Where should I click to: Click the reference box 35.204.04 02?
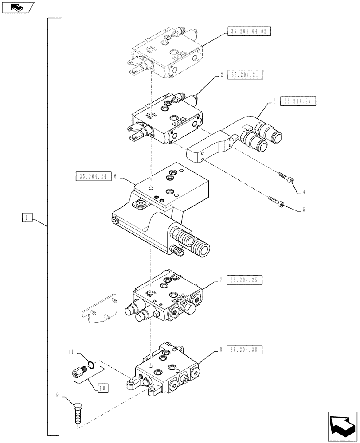[x=249, y=31]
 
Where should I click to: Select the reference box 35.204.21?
[x=245, y=75]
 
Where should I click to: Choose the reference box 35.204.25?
[x=245, y=280]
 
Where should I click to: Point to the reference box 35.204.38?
[x=245, y=350]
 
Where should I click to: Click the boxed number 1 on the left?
[x=27, y=218]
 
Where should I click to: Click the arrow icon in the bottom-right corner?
[x=342, y=427]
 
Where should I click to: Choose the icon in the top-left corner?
[x=17, y=7]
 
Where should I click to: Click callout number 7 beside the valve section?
[x=220, y=280]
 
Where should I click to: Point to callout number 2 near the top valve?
[x=221, y=75]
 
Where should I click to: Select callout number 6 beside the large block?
[x=115, y=176]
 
